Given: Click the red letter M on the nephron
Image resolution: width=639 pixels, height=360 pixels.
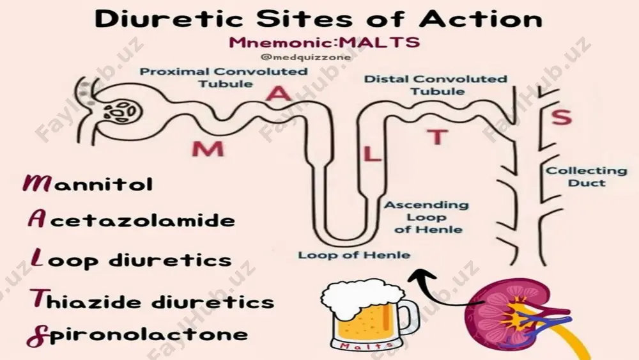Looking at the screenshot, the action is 208,149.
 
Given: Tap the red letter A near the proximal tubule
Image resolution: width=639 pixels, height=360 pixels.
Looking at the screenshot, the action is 279,93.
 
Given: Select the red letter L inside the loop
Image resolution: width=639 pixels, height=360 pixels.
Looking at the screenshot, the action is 371,155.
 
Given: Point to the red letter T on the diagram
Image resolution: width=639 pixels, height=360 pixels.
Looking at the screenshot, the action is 437,137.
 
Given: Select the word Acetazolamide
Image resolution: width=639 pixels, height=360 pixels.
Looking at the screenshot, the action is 131,219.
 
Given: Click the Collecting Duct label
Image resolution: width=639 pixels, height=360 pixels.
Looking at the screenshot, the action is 586,176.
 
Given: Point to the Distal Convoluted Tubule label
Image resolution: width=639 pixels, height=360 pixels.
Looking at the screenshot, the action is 436,85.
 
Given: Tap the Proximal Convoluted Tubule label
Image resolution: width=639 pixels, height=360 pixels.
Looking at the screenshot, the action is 224,77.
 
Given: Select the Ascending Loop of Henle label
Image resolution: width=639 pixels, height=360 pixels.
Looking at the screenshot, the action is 427,217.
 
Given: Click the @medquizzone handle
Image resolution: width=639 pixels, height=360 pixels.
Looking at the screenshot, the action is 305,57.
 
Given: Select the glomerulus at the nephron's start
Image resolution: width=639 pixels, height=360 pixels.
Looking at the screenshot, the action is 121,111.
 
